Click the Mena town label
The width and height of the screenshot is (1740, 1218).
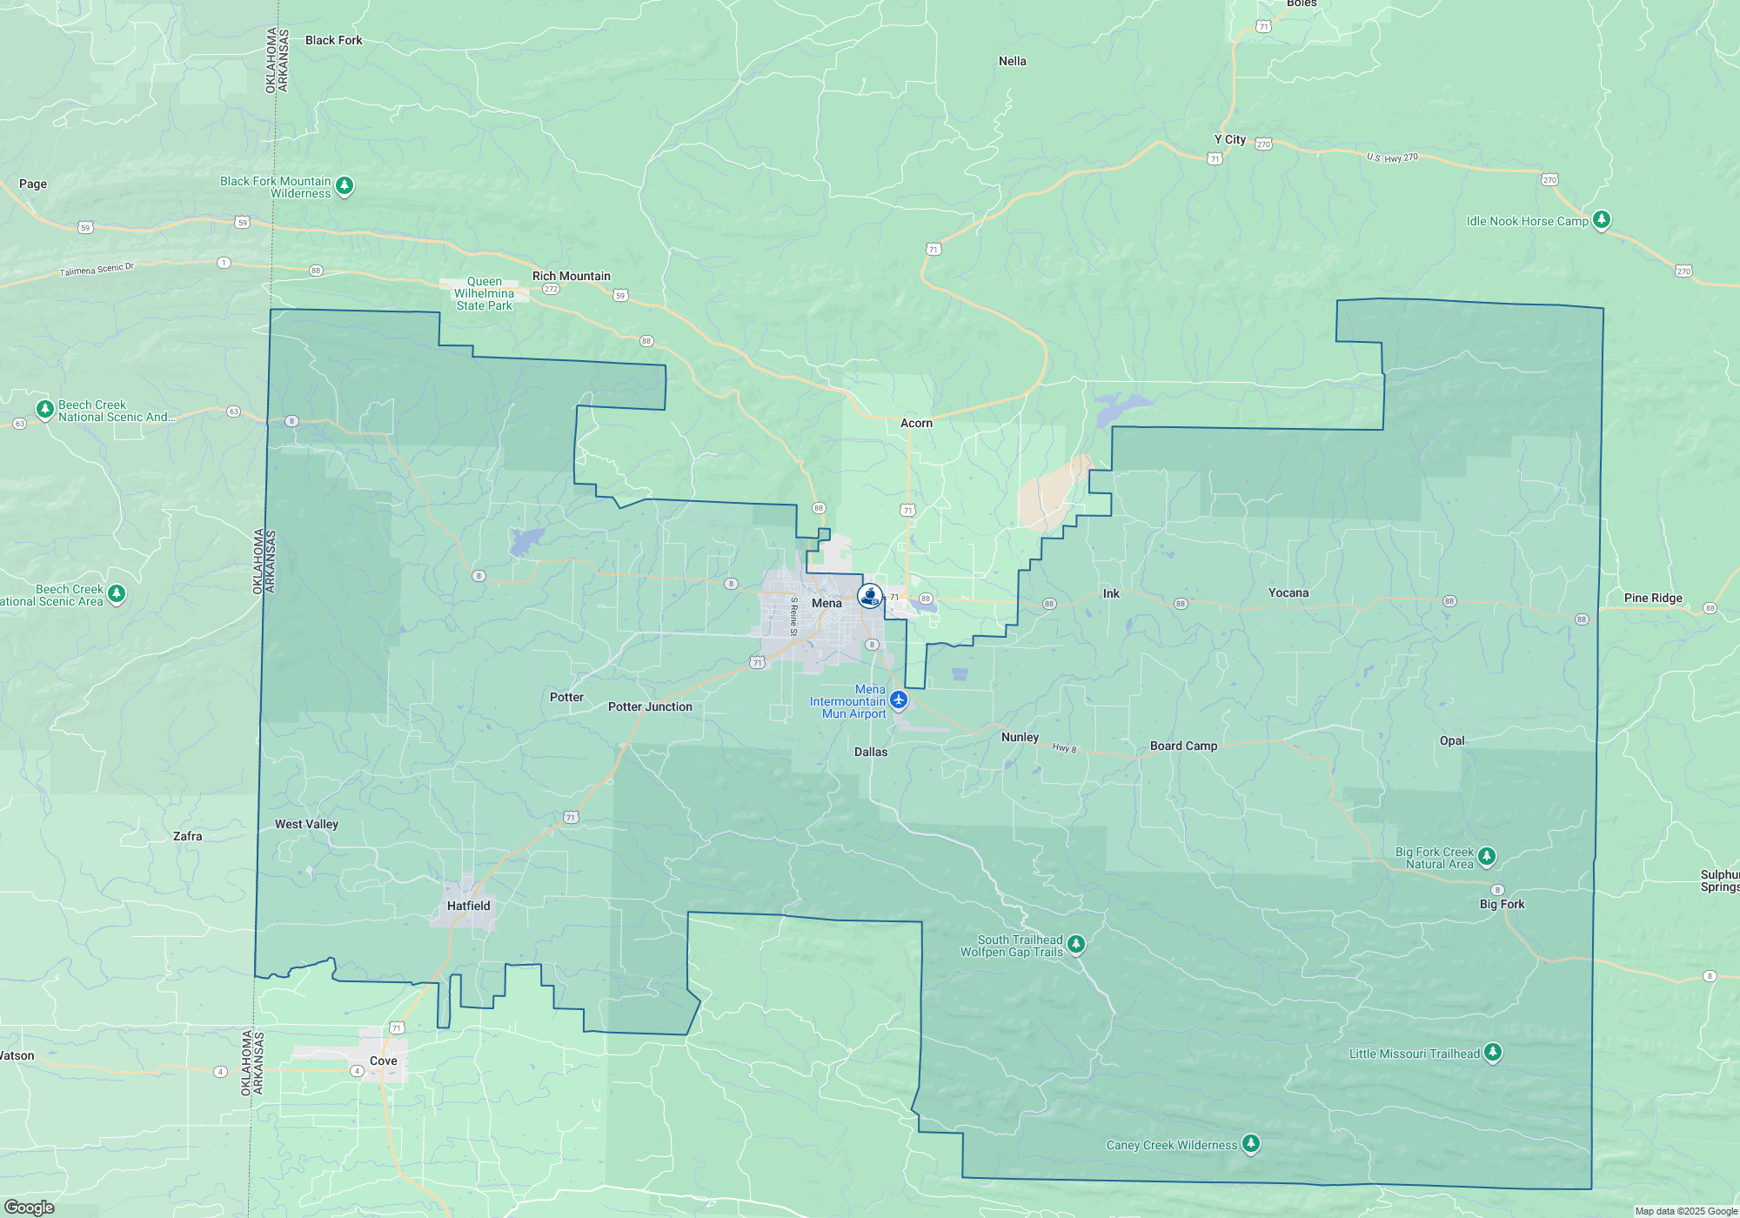tap(826, 603)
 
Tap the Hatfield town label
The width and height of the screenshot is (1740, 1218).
tap(468, 906)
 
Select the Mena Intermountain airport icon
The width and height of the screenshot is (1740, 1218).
tap(899, 700)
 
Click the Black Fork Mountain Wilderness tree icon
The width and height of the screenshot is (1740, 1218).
tap(345, 185)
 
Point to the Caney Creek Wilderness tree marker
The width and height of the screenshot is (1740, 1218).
tap(1251, 1143)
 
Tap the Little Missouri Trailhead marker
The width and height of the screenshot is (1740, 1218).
tap(1493, 1052)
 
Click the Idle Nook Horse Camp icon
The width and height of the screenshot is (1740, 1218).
tap(1602, 219)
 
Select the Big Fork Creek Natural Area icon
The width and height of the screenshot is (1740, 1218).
tap(1487, 856)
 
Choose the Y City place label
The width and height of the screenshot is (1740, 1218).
tap(1229, 139)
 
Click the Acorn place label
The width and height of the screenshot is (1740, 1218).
tap(916, 423)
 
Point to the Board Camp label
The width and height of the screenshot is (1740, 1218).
tap(1183, 746)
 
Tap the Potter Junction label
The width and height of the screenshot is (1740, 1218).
tap(650, 706)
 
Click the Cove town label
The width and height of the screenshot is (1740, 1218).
tap(383, 1061)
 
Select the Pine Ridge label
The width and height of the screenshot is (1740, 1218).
tap(1653, 598)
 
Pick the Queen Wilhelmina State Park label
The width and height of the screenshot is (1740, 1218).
tap(485, 293)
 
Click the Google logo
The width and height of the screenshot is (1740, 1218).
tap(30, 1207)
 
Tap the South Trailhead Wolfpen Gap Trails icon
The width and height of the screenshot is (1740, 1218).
tap(1076, 944)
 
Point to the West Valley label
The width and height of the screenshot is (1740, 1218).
tap(306, 824)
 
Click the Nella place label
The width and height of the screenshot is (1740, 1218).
tap(1012, 61)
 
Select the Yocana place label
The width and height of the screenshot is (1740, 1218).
tap(1288, 592)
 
